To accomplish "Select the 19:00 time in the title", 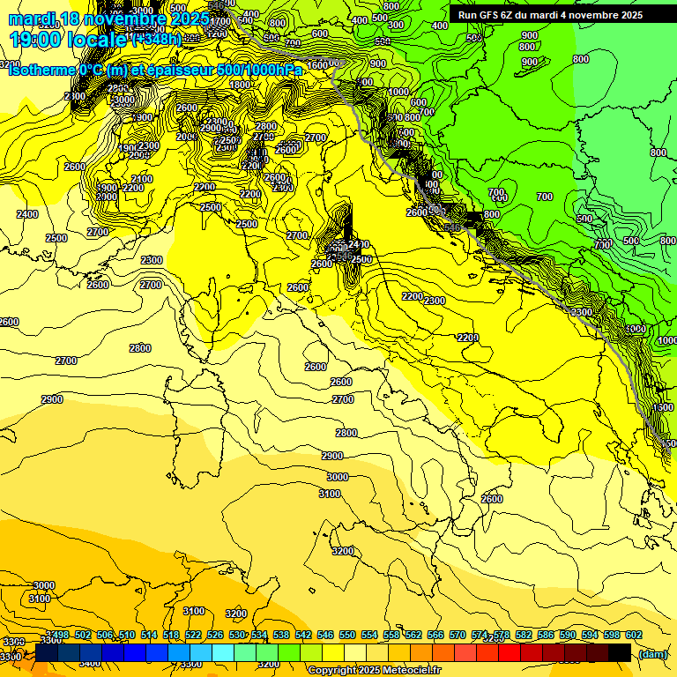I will click(x=38, y=40).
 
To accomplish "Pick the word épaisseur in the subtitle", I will click(x=182, y=70).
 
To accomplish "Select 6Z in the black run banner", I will click(x=509, y=15).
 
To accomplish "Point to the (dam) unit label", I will click(x=652, y=653).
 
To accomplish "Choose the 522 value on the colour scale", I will click(x=193, y=636).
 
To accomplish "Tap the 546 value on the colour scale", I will click(x=325, y=636).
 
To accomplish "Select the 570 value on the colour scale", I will click(x=458, y=636).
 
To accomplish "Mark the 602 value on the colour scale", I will click(x=633, y=636).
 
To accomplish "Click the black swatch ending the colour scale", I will click(x=620, y=653).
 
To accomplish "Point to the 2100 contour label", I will click(x=142, y=179).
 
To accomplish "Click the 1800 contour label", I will click(x=240, y=85).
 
